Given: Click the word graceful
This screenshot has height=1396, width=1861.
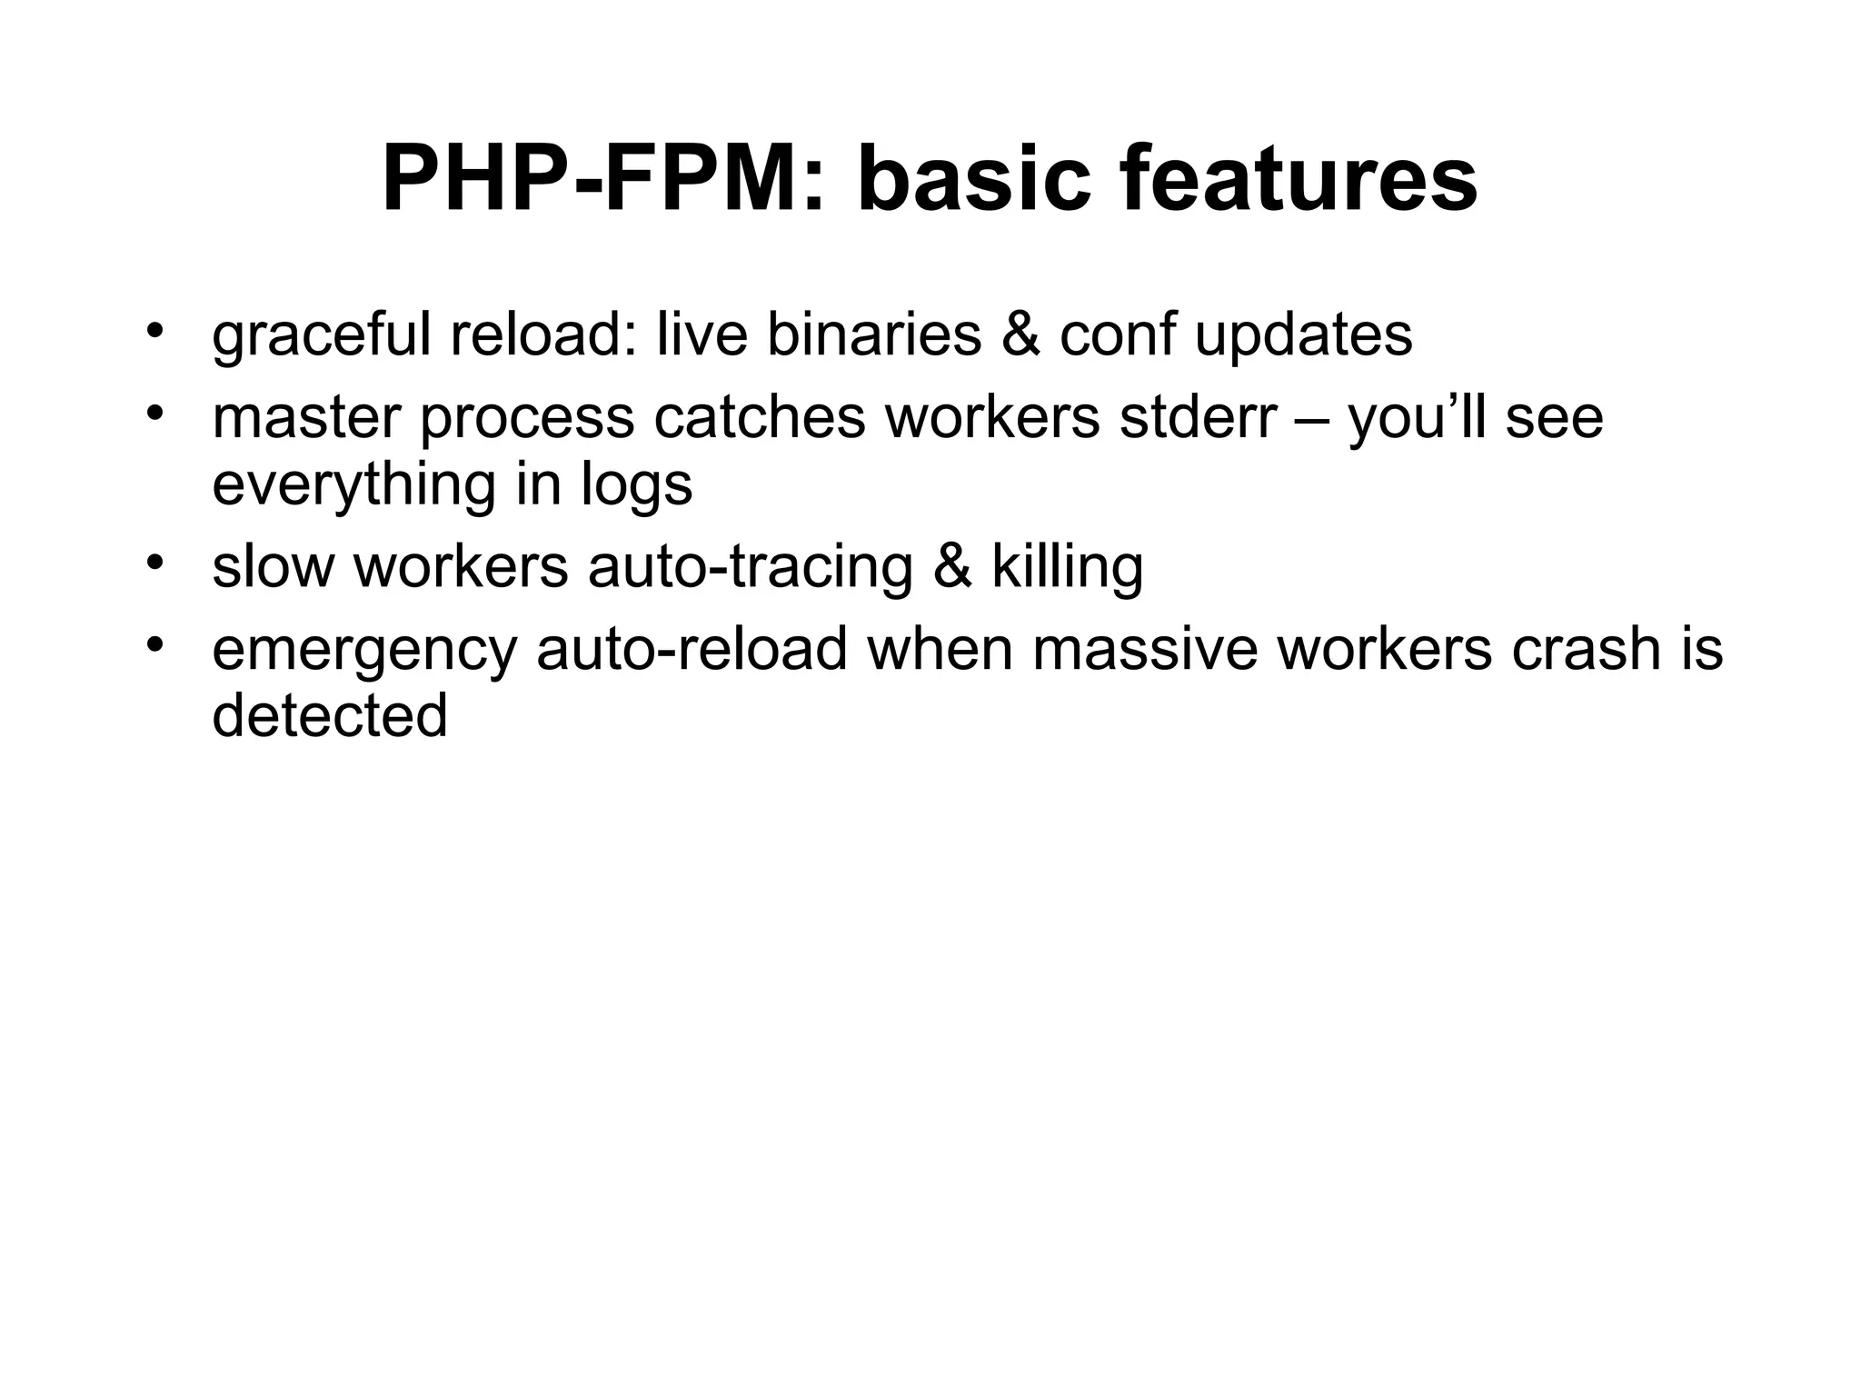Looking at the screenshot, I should point(321,335).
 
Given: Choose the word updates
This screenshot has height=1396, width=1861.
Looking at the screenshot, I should point(1303,335).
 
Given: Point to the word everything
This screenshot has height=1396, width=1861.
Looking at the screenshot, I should point(354,484).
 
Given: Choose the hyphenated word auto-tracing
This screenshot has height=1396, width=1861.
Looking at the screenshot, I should point(750,568).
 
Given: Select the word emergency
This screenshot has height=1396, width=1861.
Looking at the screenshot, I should point(364,651).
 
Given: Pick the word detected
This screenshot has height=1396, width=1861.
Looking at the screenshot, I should point(330,716).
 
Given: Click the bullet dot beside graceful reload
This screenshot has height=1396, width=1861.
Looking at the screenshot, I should point(155,330).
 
